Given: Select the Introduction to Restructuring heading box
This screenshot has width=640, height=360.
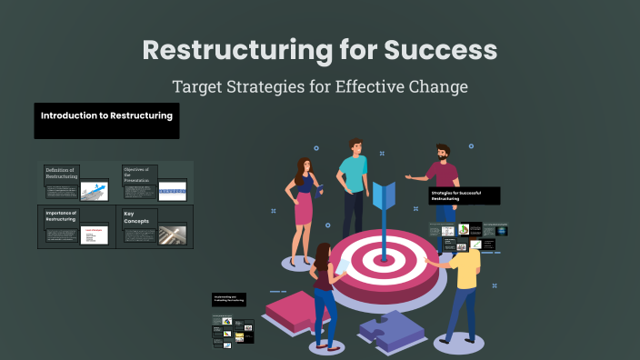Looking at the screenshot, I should (106, 120).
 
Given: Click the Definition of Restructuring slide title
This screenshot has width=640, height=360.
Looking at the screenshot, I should (62, 174).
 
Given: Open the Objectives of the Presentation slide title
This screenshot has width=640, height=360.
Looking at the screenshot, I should (139, 174).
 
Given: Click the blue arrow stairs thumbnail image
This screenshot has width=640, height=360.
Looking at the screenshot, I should (95, 191).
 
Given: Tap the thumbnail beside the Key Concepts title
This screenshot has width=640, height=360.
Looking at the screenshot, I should (172, 235).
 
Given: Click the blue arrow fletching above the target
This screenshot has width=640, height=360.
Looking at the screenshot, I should (383, 195).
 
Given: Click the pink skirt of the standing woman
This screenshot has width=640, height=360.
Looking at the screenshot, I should (304, 210).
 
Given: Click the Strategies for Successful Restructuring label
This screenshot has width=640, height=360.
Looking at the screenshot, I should (464, 195).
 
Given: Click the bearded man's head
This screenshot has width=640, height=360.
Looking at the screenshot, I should (442, 152).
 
